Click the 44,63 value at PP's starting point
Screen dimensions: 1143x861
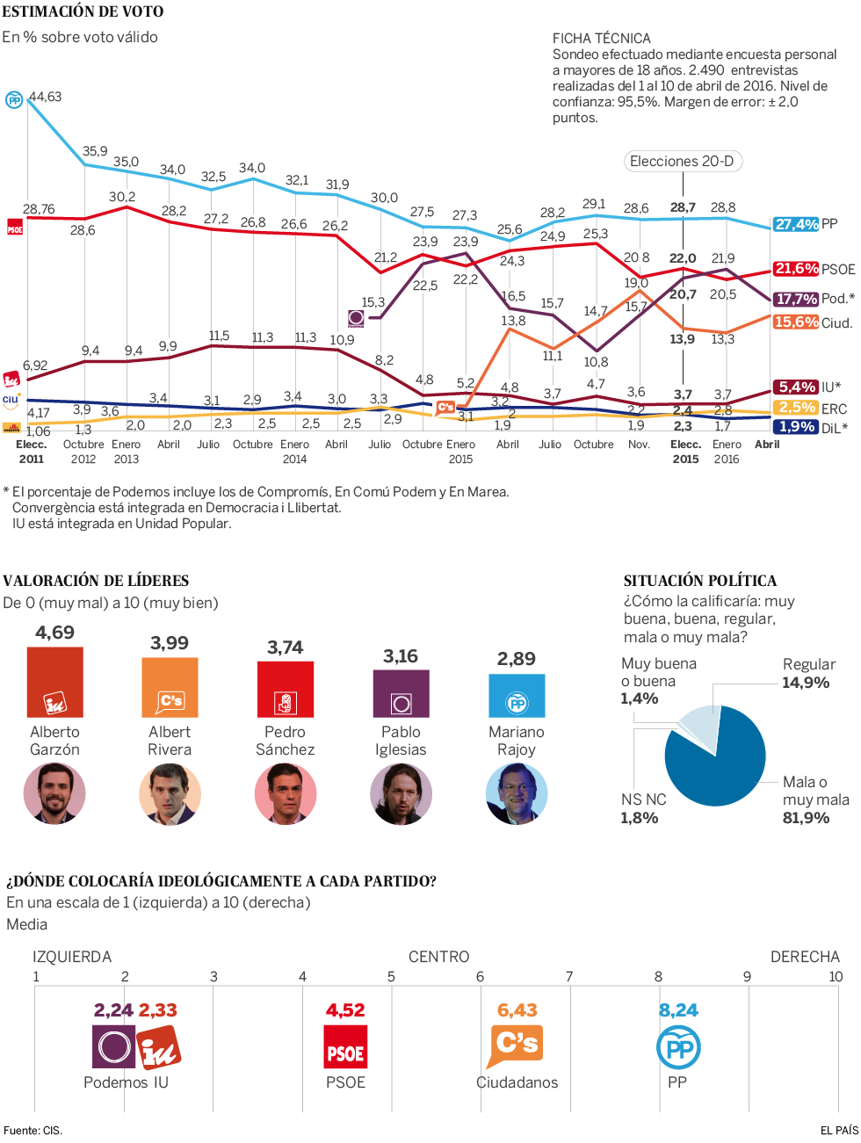pyautogui.click(x=46, y=97)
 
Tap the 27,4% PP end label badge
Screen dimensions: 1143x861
pyautogui.click(x=796, y=224)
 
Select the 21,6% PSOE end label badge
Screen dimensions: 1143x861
pyautogui.click(x=796, y=269)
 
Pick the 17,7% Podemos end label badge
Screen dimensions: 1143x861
pyautogui.click(x=796, y=299)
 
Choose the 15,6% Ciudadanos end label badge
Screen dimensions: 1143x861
pyautogui.click(x=796, y=322)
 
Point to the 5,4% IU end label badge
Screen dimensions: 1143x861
pyautogui.click(x=796, y=387)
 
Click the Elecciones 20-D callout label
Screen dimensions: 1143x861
pyautogui.click(x=682, y=162)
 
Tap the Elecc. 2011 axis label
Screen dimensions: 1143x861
pyautogui.click(x=31, y=452)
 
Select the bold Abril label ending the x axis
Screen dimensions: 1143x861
pyautogui.click(x=767, y=445)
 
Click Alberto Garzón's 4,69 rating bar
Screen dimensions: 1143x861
pyautogui.click(x=55, y=683)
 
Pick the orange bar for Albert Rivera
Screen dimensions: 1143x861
pyautogui.click(x=170, y=688)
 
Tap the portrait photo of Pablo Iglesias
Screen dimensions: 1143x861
pyautogui.click(x=401, y=794)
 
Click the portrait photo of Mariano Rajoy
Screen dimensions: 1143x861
pyautogui.click(x=517, y=794)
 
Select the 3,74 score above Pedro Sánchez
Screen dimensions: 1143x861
pyautogui.click(x=286, y=647)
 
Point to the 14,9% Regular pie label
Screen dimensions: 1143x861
pyautogui.click(x=807, y=683)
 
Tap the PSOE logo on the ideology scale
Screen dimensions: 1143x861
pyautogui.click(x=345, y=1047)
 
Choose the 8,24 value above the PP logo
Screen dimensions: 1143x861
pyautogui.click(x=678, y=1010)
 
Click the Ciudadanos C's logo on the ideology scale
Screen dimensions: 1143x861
pyautogui.click(x=517, y=1045)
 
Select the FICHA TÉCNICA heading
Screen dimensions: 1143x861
pyautogui.click(x=602, y=39)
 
